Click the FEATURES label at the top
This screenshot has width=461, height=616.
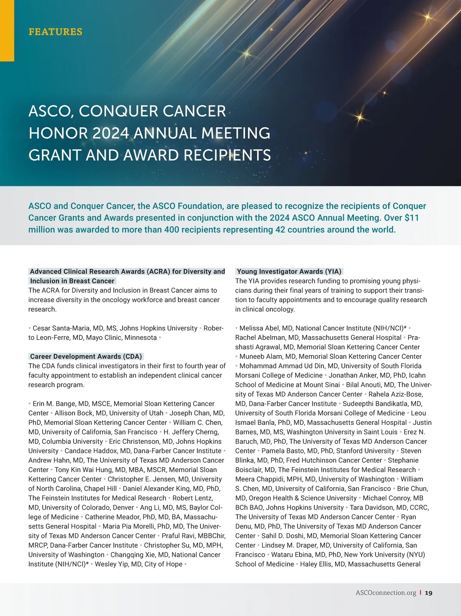pyautogui.click(x=55, y=31)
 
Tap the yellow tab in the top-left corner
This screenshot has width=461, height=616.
pyautogui.click(x=7, y=31)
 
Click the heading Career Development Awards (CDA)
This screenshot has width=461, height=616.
pyautogui.click(x=86, y=356)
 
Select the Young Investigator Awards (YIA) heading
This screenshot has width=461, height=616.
pyautogui.click(x=289, y=272)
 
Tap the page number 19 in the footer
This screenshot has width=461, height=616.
pyautogui.click(x=429, y=593)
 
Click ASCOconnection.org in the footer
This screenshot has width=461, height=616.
pyautogui.click(x=386, y=593)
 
